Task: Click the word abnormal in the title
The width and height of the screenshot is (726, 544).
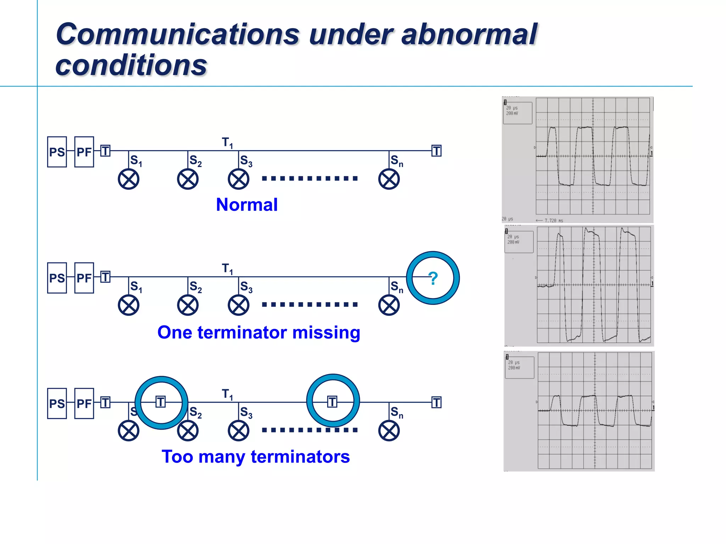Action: coord(469,34)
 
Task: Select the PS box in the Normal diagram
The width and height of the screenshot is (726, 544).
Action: coord(57,152)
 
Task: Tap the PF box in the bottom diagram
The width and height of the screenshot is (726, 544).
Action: coord(84,403)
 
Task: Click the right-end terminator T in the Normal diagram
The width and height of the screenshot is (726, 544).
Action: coord(436,151)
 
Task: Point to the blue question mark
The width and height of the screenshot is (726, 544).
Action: coord(433,278)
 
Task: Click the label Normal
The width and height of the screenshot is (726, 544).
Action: coord(247,205)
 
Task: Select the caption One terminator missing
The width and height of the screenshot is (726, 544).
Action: coord(259,333)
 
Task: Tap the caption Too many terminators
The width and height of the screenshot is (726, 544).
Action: coord(256,457)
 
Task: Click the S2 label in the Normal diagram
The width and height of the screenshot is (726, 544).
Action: coord(195,160)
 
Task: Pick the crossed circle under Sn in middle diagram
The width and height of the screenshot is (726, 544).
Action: coord(389,305)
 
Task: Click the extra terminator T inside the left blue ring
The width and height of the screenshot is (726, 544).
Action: coord(161,402)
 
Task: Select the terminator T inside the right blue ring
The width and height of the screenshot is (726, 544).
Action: coord(332,402)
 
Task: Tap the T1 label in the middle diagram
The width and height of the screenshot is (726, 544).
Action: coord(227,269)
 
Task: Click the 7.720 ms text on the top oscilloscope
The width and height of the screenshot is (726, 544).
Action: coord(553,220)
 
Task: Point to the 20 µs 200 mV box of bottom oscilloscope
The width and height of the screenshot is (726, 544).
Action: coord(519,367)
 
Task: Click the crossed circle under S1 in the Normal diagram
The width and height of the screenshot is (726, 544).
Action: coord(128,179)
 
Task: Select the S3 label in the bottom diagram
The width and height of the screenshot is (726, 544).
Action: coord(246,412)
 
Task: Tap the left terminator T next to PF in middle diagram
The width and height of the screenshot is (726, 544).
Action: coord(105,277)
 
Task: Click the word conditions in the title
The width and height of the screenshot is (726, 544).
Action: coord(131,66)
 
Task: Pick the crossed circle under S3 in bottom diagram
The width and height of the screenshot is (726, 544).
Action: coord(239,431)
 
